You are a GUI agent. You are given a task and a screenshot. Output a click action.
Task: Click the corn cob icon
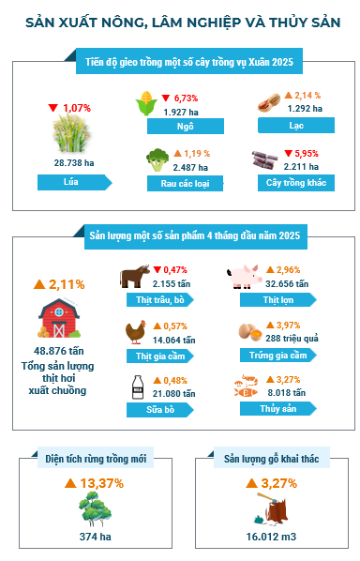[x=146, y=103]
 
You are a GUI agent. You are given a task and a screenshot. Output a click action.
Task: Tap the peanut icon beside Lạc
[x=269, y=102]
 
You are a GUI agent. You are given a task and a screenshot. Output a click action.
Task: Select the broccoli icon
[x=157, y=160]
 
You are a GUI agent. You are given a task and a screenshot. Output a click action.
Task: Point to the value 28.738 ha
[x=74, y=163]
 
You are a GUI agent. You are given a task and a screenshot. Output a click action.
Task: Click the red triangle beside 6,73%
[x=166, y=98]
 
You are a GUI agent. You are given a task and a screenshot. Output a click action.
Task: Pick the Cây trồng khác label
[x=296, y=183]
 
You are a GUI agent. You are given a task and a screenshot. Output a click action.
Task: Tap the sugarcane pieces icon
[x=265, y=159]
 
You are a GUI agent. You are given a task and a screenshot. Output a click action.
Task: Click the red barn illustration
[x=59, y=318]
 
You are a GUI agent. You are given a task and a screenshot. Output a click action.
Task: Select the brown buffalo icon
[x=134, y=276]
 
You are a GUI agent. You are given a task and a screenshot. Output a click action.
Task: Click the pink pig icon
[x=244, y=276]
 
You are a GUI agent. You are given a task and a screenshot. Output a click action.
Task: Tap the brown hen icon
[x=136, y=332]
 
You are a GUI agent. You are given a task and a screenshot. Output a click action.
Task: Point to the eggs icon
[x=250, y=332]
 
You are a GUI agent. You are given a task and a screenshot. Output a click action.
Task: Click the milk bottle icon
[x=138, y=387]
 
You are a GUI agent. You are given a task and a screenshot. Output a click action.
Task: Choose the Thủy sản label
[x=278, y=409]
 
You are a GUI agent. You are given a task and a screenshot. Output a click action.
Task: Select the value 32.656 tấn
[x=287, y=284]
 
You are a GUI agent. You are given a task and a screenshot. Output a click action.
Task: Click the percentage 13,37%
[x=102, y=483]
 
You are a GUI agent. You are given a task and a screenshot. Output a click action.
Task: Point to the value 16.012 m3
[x=271, y=537]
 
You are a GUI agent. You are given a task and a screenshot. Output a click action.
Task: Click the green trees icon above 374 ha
[x=95, y=508]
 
